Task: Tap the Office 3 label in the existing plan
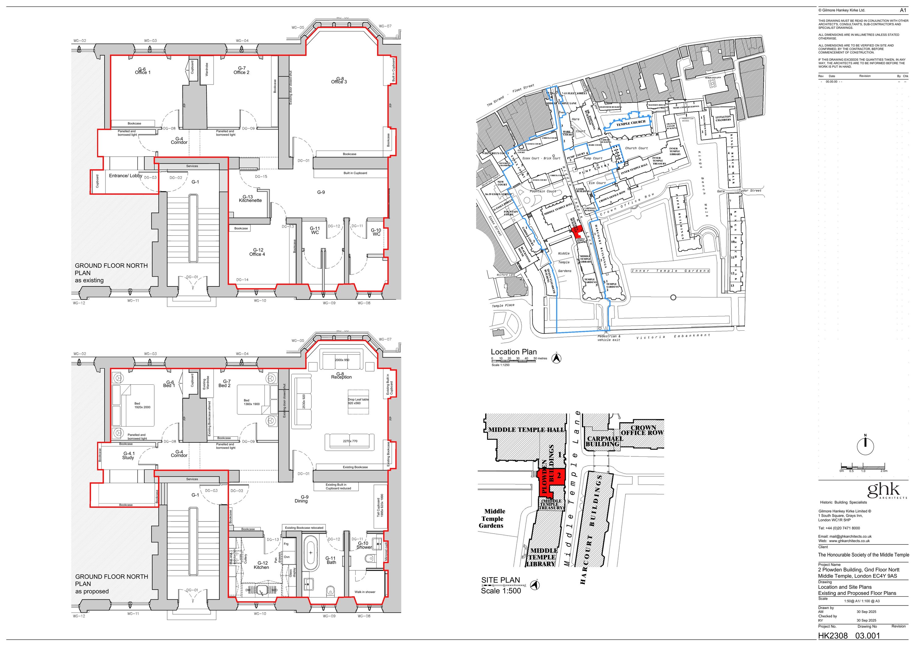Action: click(x=339, y=81)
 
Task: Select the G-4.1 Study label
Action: click(x=128, y=456)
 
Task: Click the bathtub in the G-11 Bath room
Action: click(x=310, y=553)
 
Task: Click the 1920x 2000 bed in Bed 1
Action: click(x=138, y=405)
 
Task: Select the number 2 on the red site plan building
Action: click(x=559, y=475)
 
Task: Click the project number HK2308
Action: click(x=833, y=636)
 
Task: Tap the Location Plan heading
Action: click(x=513, y=352)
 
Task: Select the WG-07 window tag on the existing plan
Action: click(x=385, y=26)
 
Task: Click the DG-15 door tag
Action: click(x=261, y=176)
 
